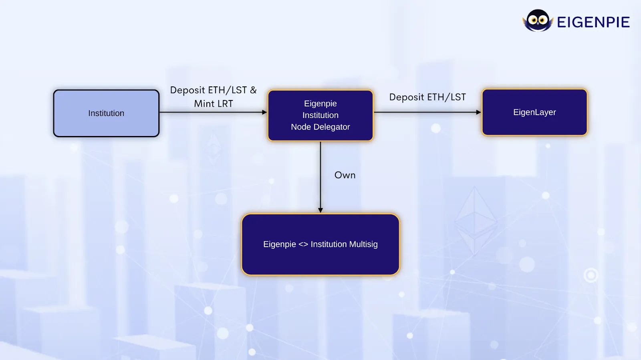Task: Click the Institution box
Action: point(106,113)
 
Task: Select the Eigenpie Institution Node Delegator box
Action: point(320,115)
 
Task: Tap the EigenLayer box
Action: point(534,112)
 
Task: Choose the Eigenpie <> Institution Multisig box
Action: point(320,244)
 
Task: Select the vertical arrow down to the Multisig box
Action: point(320,176)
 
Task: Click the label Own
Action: point(345,175)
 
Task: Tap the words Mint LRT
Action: point(214,104)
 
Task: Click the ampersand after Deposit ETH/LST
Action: point(253,90)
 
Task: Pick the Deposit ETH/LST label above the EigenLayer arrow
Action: point(427,97)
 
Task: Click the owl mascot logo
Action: point(538,20)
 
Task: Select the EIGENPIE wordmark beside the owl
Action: point(593,22)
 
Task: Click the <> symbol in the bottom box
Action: point(303,244)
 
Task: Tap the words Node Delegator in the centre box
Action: point(320,127)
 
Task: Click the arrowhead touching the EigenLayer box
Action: point(478,112)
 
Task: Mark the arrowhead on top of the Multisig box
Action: point(320,210)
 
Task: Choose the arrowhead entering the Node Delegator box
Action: point(264,112)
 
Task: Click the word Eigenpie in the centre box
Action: point(320,104)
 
